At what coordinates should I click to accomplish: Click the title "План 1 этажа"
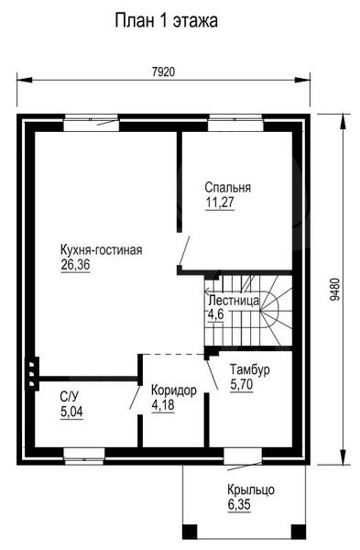click(x=167, y=21)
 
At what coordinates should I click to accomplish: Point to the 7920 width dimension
click(x=163, y=71)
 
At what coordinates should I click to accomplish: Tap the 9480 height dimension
click(x=334, y=290)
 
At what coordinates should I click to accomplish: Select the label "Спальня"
click(x=228, y=188)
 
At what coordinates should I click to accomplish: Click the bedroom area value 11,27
click(x=220, y=203)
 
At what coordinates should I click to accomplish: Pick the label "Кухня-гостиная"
click(x=102, y=250)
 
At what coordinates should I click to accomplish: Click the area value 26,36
click(x=75, y=265)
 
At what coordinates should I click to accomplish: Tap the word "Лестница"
click(x=234, y=301)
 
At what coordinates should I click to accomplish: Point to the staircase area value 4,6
click(x=215, y=314)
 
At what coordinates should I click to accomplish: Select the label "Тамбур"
click(x=249, y=369)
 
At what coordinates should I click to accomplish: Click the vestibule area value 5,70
click(x=242, y=384)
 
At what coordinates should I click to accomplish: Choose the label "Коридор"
click(x=174, y=390)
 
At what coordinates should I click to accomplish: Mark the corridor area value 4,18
click(x=163, y=405)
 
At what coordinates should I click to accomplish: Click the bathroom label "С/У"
click(x=70, y=397)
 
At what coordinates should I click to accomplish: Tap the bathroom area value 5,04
click(x=71, y=412)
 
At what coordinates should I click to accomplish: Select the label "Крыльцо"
click(x=251, y=489)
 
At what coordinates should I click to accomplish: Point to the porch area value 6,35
click(x=239, y=505)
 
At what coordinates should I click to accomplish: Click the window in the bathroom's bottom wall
click(x=83, y=456)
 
